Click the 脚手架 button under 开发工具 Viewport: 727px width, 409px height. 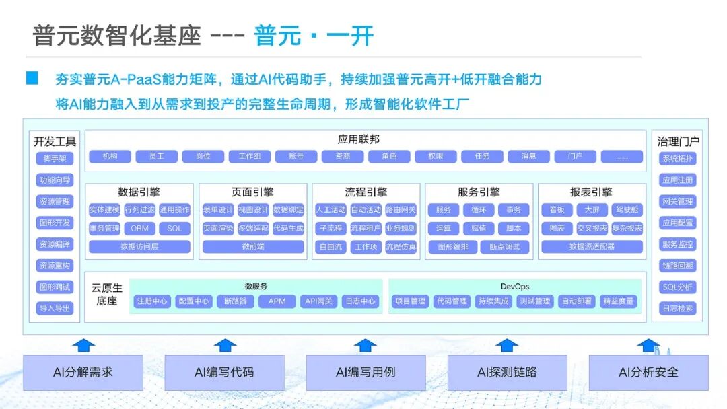[55, 159]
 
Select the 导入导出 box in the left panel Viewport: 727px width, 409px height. [55, 309]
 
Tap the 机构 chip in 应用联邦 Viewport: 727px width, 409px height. [110, 156]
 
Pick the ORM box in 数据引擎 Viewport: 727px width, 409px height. [140, 228]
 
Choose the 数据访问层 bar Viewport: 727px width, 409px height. [140, 247]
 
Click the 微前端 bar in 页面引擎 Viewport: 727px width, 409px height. [253, 247]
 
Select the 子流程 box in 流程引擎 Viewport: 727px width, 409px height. [331, 228]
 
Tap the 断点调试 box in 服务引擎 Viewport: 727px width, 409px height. [505, 247]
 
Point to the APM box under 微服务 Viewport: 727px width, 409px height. [277, 301]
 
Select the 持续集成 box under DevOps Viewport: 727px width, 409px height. [493, 301]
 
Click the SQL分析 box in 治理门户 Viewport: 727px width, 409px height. [677, 287]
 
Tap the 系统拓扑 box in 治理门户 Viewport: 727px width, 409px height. [677, 159]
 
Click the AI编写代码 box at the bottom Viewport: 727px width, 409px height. [224, 372]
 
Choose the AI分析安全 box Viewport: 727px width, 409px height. [648, 372]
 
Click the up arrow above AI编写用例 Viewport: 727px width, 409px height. [366, 345]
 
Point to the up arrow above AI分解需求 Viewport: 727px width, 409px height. [83, 345]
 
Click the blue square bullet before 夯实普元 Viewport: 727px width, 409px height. [32, 79]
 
